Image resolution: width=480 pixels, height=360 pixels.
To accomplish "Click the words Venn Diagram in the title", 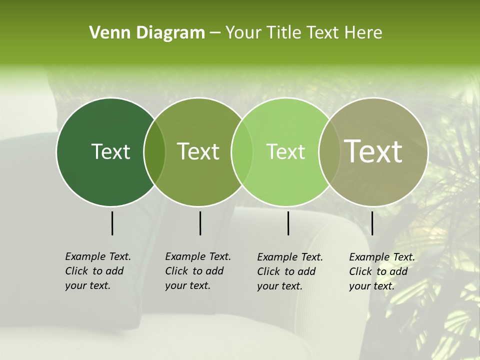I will (147, 33).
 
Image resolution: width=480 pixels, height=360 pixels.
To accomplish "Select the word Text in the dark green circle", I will (110, 151).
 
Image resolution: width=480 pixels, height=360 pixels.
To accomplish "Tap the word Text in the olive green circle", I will (198, 151).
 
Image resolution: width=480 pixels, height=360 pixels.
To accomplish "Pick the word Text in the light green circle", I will (285, 151).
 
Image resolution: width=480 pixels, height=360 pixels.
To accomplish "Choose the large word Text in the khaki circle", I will (373, 151).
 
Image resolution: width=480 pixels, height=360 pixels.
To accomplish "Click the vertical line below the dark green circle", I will (112, 223).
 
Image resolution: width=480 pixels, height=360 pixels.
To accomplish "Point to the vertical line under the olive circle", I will (200, 223).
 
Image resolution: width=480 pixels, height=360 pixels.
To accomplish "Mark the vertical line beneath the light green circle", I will (288, 223).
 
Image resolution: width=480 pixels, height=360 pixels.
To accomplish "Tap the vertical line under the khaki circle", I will (372, 223).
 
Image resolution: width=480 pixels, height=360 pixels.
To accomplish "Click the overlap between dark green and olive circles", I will (154, 152).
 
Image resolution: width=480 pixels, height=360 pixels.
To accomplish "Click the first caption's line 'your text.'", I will (87, 285).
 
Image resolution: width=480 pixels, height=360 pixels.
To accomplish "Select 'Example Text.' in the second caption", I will (198, 256).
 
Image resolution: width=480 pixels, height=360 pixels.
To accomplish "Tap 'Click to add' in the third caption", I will (286, 271).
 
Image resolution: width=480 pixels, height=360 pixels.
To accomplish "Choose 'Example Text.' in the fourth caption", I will (382, 257).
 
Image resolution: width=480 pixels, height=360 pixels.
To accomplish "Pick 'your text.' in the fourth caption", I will (371, 286).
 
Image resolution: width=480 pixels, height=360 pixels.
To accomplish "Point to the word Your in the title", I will (244, 33).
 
